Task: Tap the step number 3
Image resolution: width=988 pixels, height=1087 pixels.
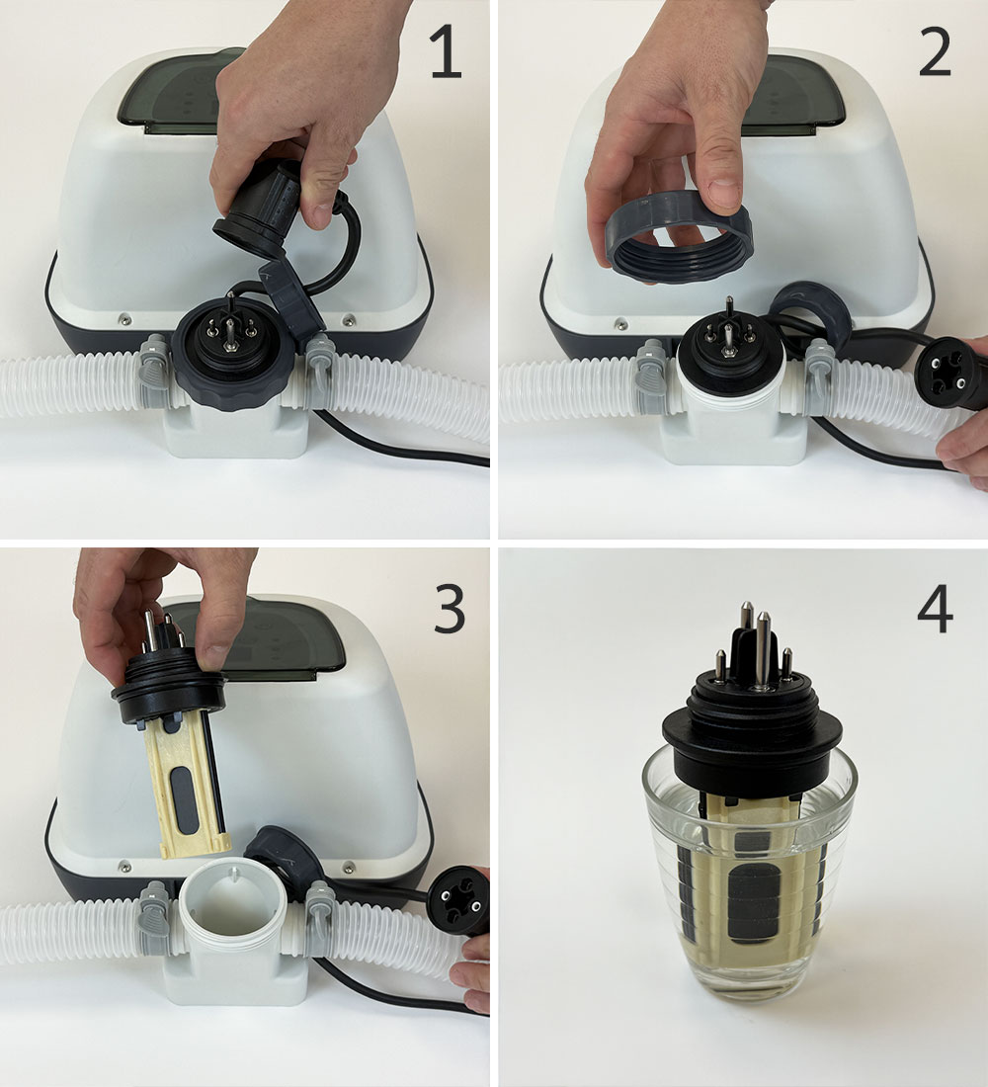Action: pyautogui.click(x=451, y=608)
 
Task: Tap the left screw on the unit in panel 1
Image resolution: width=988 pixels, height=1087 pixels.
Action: pyautogui.click(x=124, y=319)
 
